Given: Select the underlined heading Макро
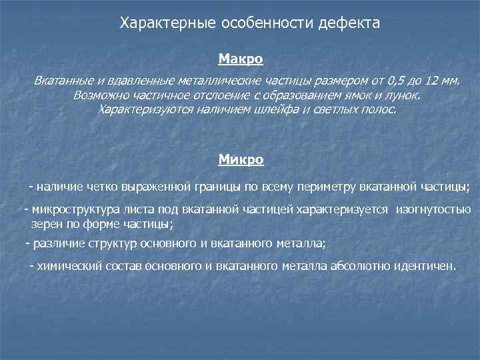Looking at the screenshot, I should pyautogui.click(x=241, y=60).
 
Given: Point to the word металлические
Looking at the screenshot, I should pyautogui.click(x=216, y=81).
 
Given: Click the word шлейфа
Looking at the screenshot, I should pyautogui.click(x=275, y=109).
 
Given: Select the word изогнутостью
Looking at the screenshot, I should pyautogui.click(x=433, y=210).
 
